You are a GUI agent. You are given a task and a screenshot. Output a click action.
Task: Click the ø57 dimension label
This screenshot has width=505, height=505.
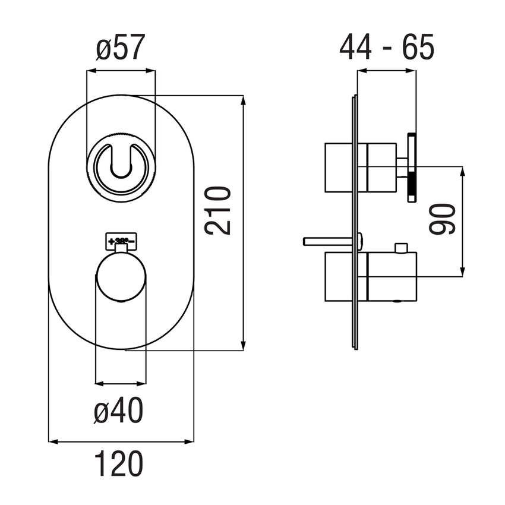pos(121,49)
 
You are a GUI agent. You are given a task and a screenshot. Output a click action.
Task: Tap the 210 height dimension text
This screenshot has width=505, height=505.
pos(217,210)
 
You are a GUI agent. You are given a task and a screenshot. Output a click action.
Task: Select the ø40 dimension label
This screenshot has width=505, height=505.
pos(121,411)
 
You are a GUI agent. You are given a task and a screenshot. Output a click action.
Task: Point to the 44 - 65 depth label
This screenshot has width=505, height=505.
pos(387,48)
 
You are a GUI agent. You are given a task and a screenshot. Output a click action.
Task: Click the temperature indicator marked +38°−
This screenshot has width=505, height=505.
pos(122,241)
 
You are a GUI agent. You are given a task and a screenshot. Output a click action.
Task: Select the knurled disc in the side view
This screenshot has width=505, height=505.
pos(412,168)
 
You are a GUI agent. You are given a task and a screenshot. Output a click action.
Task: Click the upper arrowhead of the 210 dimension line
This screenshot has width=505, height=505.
pos(243,100)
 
